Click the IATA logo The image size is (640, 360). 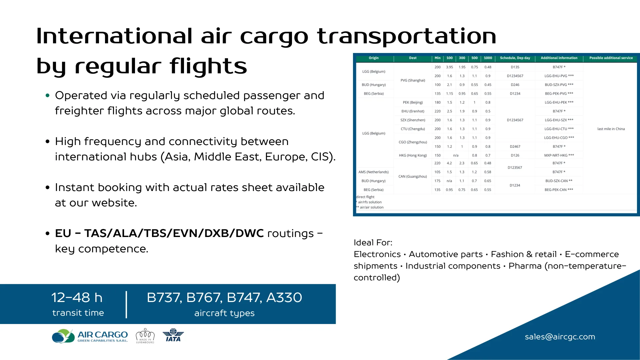(x=173, y=335)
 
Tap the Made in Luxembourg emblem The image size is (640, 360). (x=145, y=336)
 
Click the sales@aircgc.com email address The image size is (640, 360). (x=560, y=337)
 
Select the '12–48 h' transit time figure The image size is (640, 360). (x=77, y=297)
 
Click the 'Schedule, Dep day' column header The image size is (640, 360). (x=515, y=58)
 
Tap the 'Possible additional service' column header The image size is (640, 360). (x=611, y=58)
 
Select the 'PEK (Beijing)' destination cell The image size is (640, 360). (x=413, y=102)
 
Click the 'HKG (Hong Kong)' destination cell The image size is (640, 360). (x=413, y=155)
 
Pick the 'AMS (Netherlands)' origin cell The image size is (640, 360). (x=373, y=172)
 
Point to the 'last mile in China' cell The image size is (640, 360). (x=611, y=129)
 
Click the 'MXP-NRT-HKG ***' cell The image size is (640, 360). (x=559, y=155)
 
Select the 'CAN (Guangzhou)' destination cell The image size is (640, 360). (x=413, y=177)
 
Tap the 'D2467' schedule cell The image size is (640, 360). (x=515, y=147)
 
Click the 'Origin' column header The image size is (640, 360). (x=373, y=58)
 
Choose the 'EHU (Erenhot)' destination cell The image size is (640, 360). (x=413, y=111)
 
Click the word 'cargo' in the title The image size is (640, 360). (x=274, y=37)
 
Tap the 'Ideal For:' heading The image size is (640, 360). (x=373, y=243)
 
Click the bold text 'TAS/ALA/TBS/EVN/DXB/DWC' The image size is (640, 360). (x=174, y=233)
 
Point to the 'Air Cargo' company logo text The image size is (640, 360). (x=102, y=335)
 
